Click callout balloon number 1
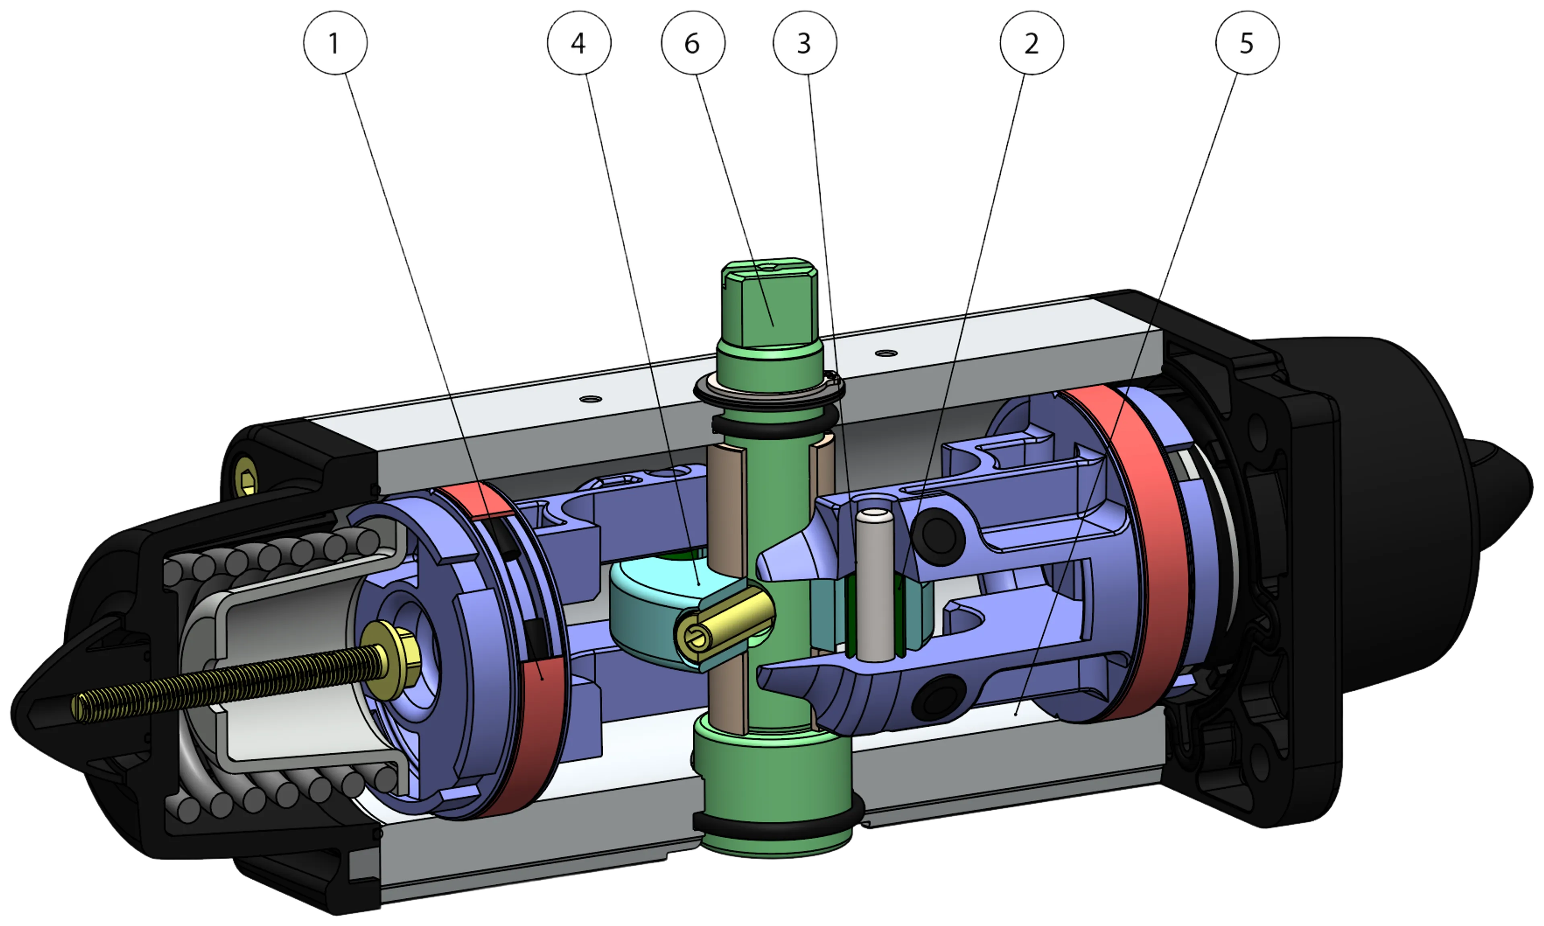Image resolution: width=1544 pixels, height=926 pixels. [335, 43]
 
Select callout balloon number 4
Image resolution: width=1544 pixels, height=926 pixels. [579, 43]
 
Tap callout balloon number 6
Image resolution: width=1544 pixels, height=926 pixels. [693, 43]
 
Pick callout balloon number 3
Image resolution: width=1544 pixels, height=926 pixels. [805, 43]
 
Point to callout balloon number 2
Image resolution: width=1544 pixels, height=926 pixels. [1032, 43]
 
